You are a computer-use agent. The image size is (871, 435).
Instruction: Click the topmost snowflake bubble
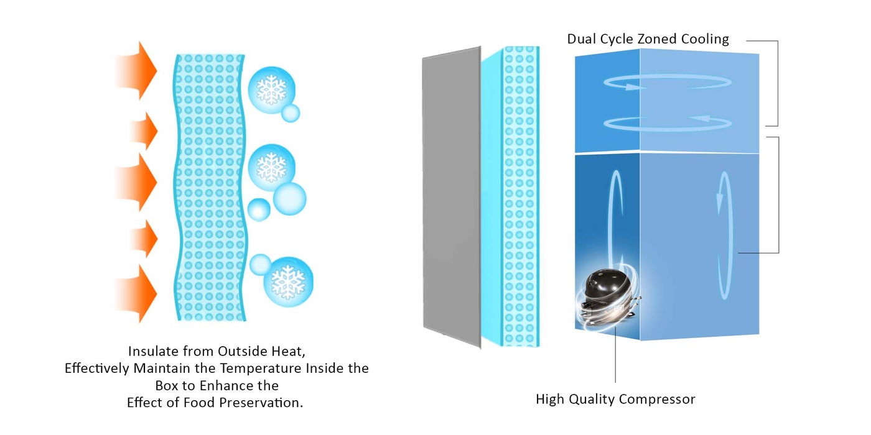(271, 90)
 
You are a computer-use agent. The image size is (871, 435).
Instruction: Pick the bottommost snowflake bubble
(288, 282)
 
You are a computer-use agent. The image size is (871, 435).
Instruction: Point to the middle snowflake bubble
(271, 167)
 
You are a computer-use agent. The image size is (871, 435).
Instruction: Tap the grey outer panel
(452, 198)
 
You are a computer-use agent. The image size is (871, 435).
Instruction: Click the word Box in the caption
(167, 386)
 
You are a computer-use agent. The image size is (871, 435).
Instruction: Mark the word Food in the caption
(196, 403)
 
